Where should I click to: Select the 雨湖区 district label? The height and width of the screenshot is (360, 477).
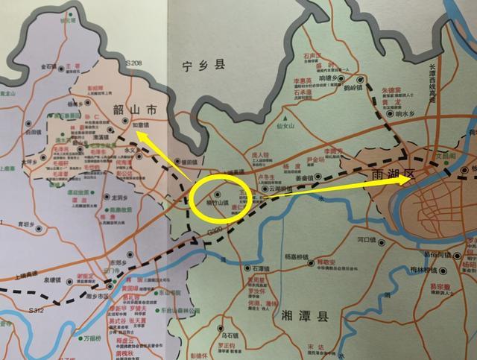coord(391,176)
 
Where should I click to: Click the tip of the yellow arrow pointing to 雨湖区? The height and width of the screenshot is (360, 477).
coord(414,177)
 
